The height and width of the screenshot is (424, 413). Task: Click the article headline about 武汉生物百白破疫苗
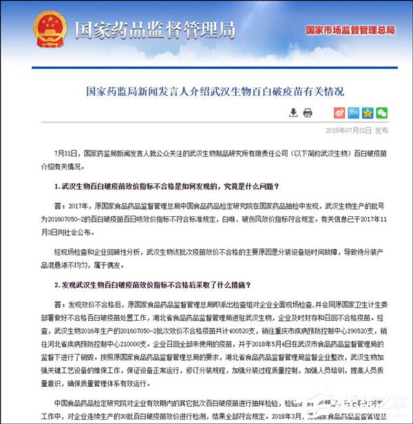(206, 91)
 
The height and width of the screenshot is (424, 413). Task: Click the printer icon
(307, 112)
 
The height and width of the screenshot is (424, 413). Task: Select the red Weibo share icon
(339, 112)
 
